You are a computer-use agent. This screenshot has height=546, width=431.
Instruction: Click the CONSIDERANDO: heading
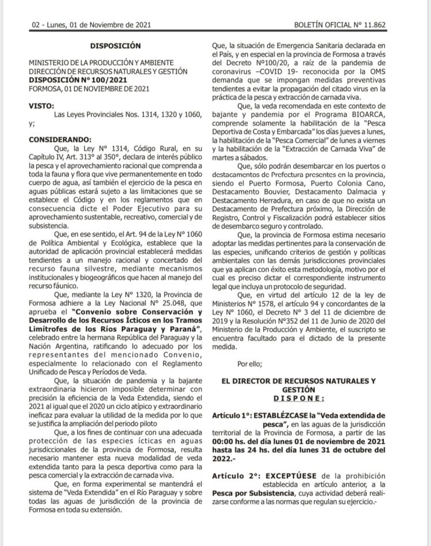click(60, 139)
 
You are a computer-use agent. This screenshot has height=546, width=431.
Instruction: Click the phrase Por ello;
click(251, 363)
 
